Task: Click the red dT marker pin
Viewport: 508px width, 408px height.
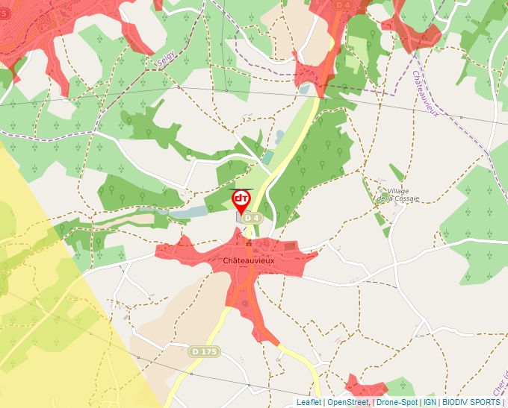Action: click(x=241, y=200)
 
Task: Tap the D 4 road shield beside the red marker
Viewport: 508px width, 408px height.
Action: click(x=255, y=218)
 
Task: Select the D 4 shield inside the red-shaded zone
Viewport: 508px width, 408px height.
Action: click(x=342, y=4)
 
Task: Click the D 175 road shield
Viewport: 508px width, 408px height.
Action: click(x=199, y=351)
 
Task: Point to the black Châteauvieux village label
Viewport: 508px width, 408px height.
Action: click(x=249, y=261)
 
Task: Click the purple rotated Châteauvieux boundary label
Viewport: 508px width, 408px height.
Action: click(x=425, y=93)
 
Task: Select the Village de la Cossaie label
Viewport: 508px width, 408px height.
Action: click(x=397, y=195)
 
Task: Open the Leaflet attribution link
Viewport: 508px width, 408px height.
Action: click(x=309, y=402)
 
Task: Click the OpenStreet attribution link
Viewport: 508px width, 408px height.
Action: click(x=347, y=402)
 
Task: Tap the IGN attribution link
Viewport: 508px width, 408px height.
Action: click(x=430, y=402)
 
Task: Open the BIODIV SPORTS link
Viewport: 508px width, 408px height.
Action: click(x=471, y=402)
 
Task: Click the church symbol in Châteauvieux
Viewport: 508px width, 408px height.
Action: click(x=249, y=243)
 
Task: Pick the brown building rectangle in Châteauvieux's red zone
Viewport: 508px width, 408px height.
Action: click(x=289, y=246)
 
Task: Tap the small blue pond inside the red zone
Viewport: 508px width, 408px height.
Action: click(x=303, y=90)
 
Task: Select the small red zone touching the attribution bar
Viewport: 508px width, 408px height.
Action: click(x=365, y=388)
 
